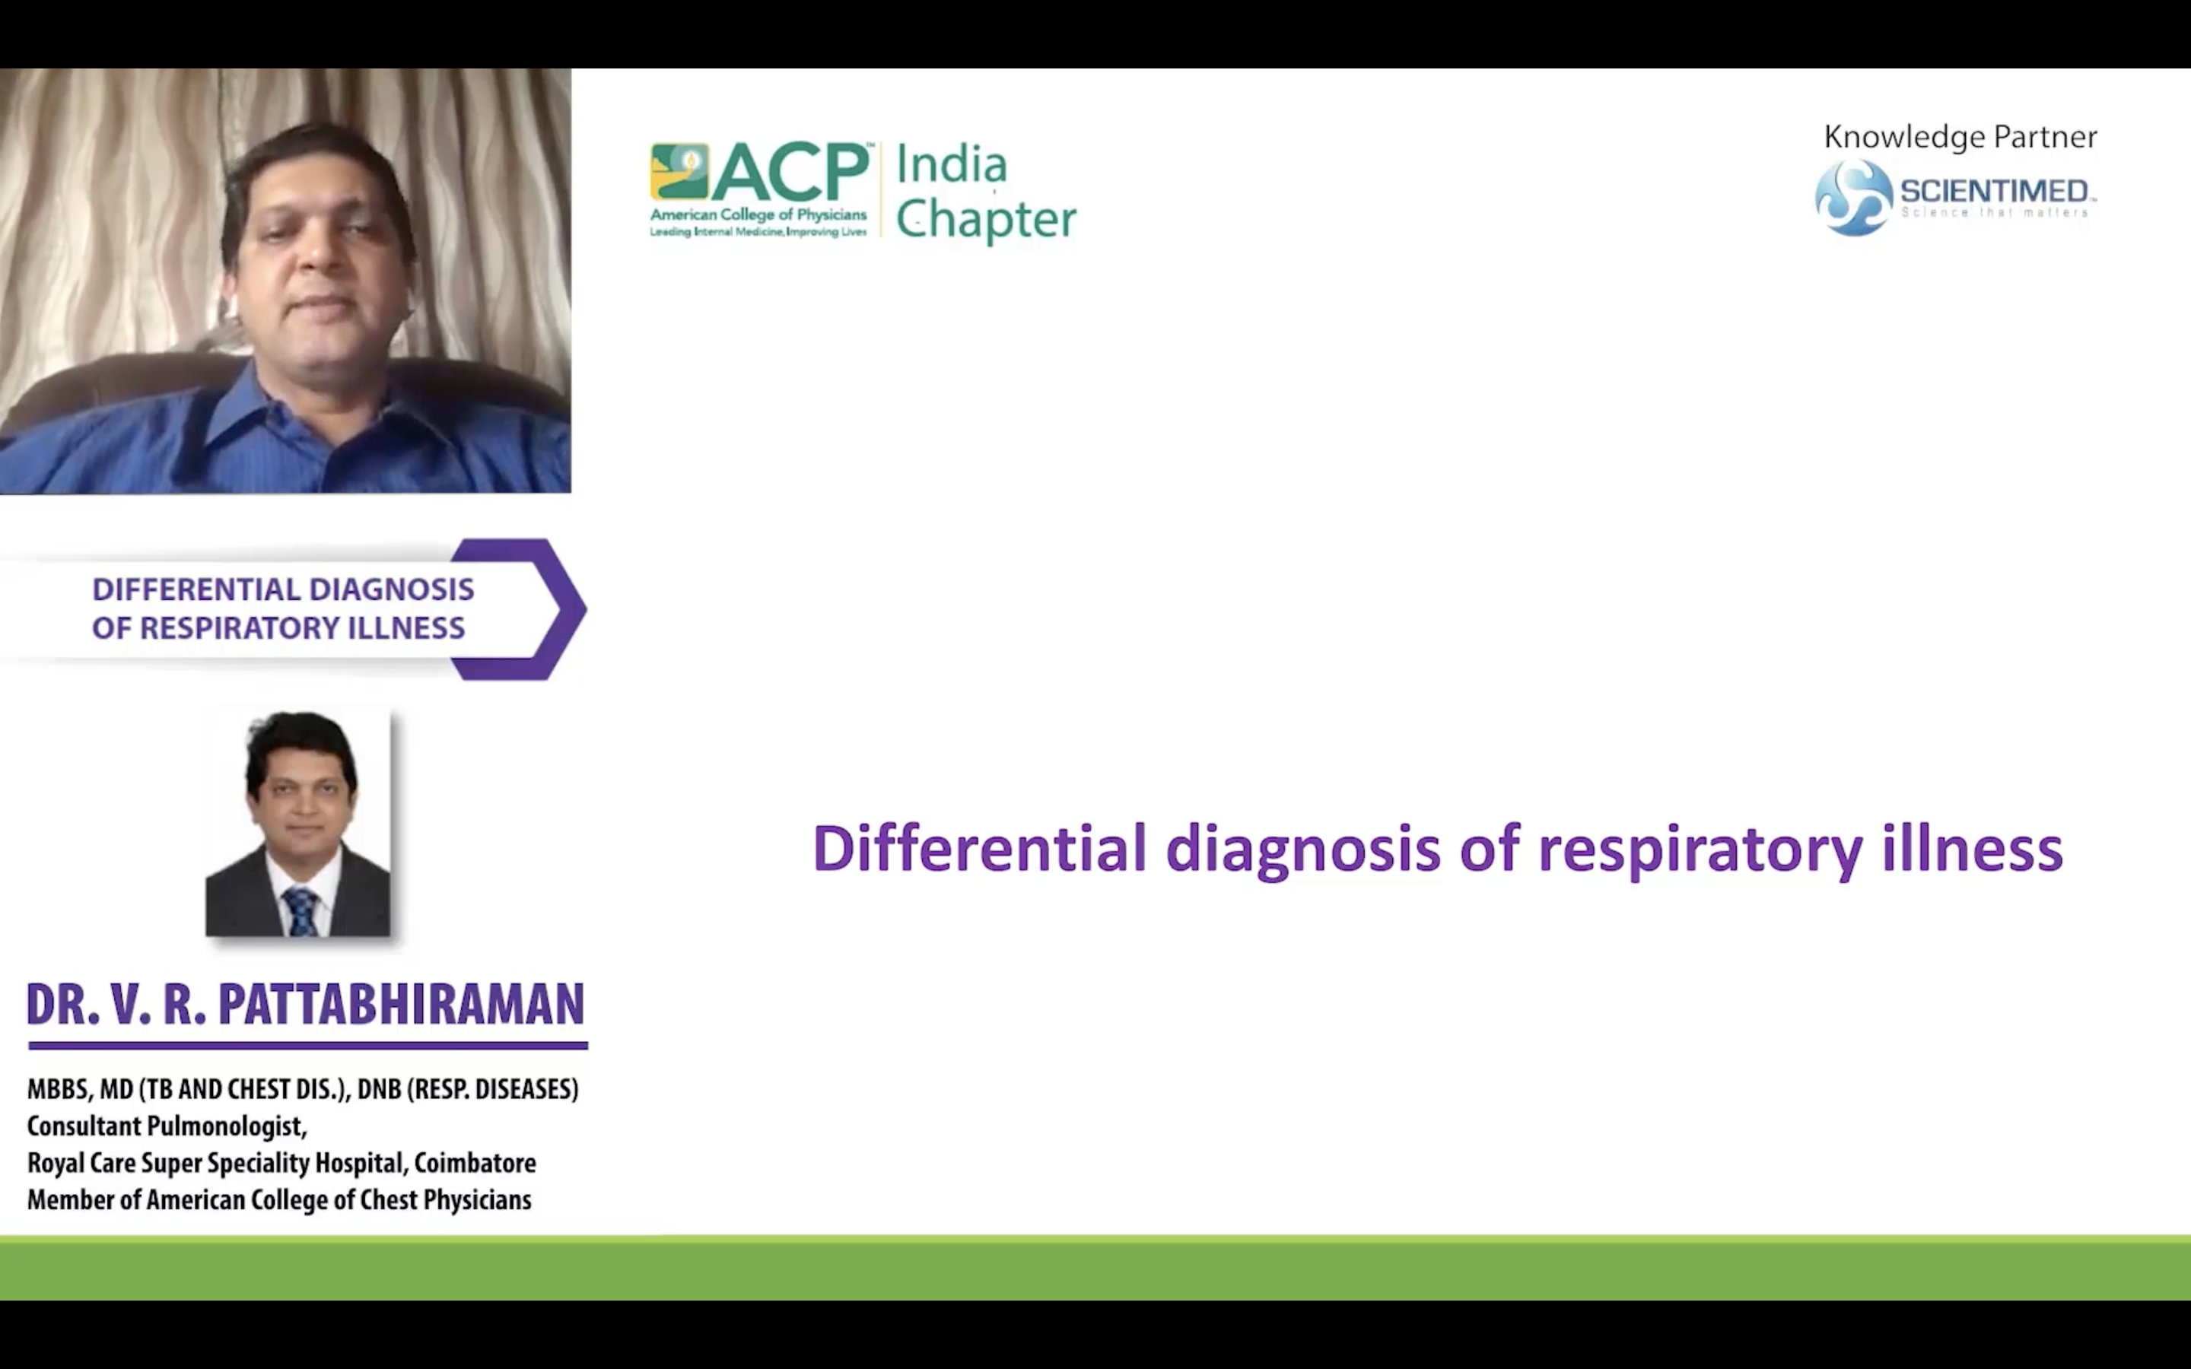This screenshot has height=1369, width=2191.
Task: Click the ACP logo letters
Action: point(790,172)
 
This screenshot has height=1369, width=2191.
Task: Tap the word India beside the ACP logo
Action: point(951,165)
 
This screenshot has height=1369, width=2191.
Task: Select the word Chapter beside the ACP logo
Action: point(986,220)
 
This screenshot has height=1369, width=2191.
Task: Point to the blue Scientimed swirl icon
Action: point(1853,198)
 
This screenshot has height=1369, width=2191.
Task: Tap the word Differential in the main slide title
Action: point(980,848)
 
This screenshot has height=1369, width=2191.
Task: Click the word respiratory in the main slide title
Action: point(1700,852)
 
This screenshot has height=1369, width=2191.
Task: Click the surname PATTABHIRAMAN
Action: point(401,1004)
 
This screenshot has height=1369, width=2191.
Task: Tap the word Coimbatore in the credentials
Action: point(475,1163)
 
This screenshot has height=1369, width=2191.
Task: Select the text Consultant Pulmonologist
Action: point(167,1126)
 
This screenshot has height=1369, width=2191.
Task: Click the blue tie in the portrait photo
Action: point(300,911)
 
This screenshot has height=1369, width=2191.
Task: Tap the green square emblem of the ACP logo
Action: point(679,170)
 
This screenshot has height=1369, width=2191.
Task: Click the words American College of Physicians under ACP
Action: point(758,215)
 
